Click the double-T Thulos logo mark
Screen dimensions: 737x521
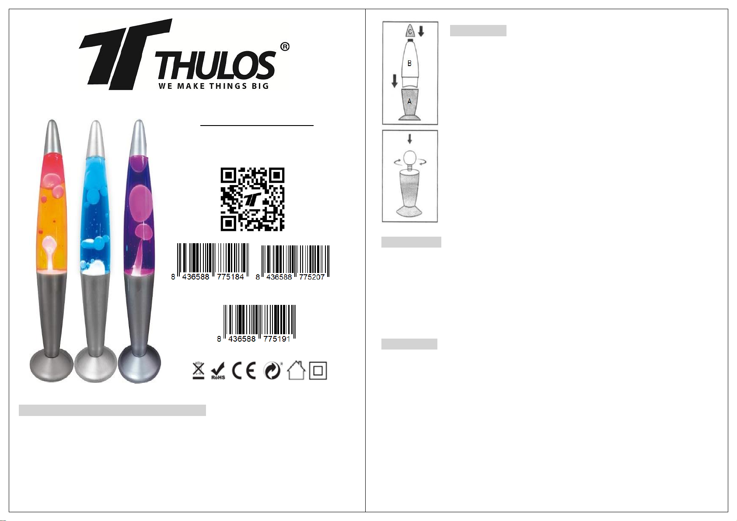[126, 54]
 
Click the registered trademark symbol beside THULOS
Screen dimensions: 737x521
[285, 47]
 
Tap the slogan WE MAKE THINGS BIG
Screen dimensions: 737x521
[213, 86]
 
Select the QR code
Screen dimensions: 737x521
[252, 199]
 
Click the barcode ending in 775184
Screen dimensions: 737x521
[210, 262]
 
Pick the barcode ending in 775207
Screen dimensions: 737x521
[293, 262]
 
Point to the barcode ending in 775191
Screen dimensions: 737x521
[257, 324]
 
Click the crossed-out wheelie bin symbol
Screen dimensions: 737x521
[199, 371]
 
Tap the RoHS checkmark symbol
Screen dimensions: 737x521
[218, 371]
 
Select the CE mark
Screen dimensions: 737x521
[244, 371]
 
